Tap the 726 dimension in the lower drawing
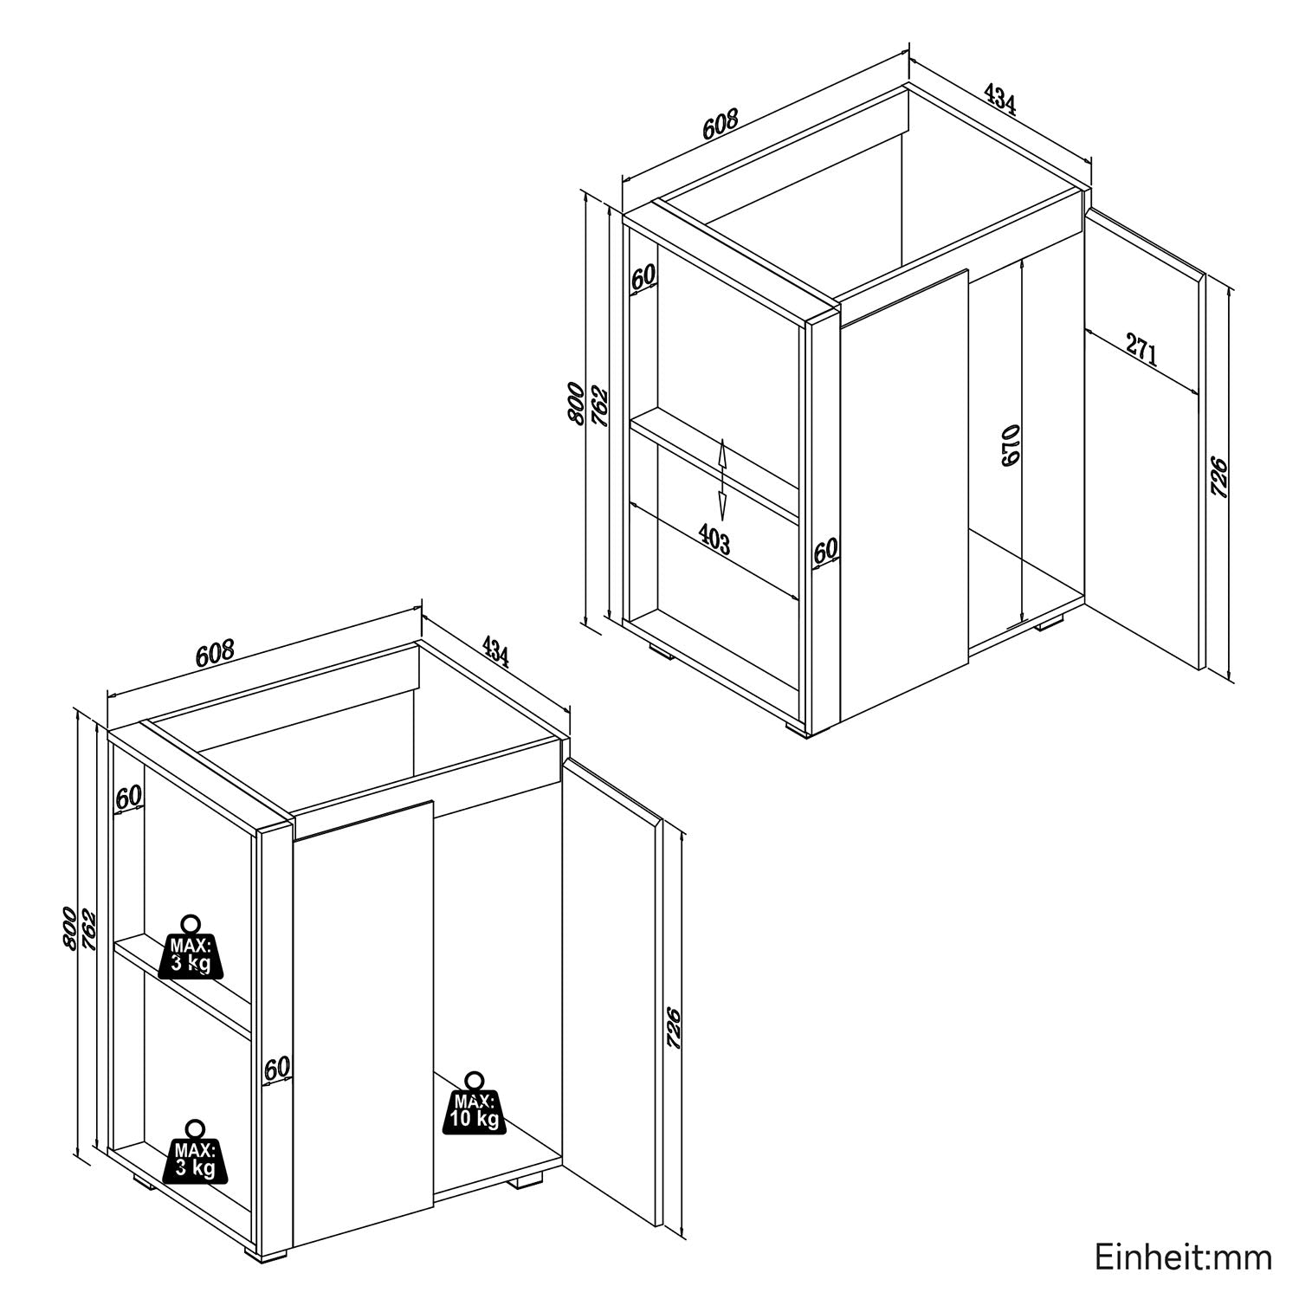(x=674, y=1029)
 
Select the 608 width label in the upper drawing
(x=720, y=123)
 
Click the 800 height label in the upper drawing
(x=575, y=403)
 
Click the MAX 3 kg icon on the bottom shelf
(x=196, y=1153)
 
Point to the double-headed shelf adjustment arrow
(x=721, y=477)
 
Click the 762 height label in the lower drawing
(x=88, y=928)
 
